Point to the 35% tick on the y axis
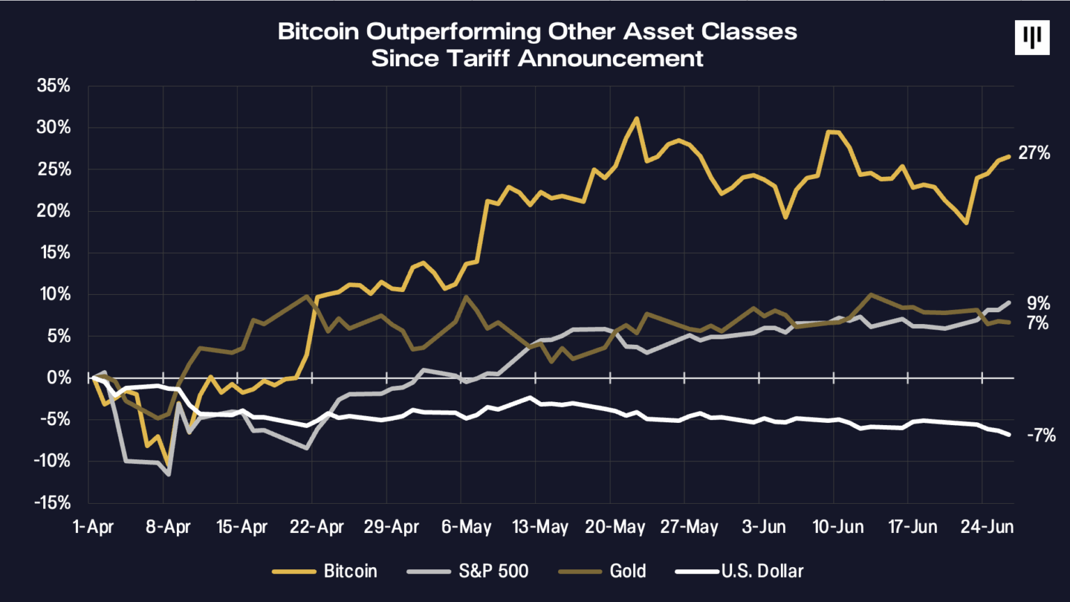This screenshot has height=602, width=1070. tap(54, 86)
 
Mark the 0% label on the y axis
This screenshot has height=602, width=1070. tap(59, 378)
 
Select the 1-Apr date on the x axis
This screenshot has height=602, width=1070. tap(93, 527)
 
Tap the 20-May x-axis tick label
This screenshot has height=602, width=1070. tap(614, 527)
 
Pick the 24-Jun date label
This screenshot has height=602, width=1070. tap(986, 527)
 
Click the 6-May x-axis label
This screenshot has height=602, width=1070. tap(466, 527)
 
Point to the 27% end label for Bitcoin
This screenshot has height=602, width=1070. tap(1034, 153)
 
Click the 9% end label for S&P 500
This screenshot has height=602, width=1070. tap(1038, 303)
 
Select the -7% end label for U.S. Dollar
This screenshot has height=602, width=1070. tap(1041, 435)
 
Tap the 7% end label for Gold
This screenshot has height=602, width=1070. tap(1038, 323)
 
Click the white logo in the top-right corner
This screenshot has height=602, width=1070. tap(1032, 38)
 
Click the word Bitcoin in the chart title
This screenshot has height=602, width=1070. tap(319, 32)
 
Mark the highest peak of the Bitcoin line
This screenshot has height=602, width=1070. tap(636, 118)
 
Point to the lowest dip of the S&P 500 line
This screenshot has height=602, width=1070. tap(169, 474)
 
